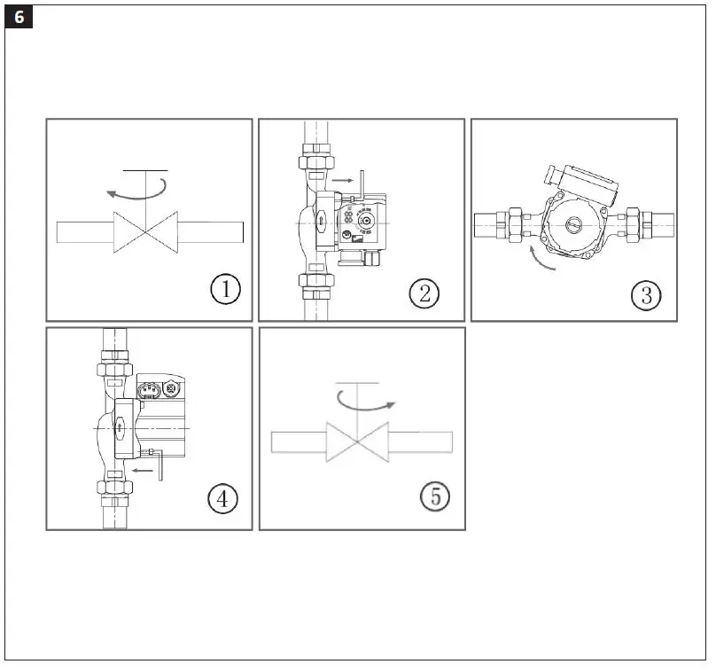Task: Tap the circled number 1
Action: click(225, 289)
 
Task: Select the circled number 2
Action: click(424, 293)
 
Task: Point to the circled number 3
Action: click(645, 294)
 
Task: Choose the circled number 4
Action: click(222, 499)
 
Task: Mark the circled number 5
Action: click(435, 496)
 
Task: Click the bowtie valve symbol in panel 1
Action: click(145, 232)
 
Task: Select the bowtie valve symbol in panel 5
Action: click(358, 441)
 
